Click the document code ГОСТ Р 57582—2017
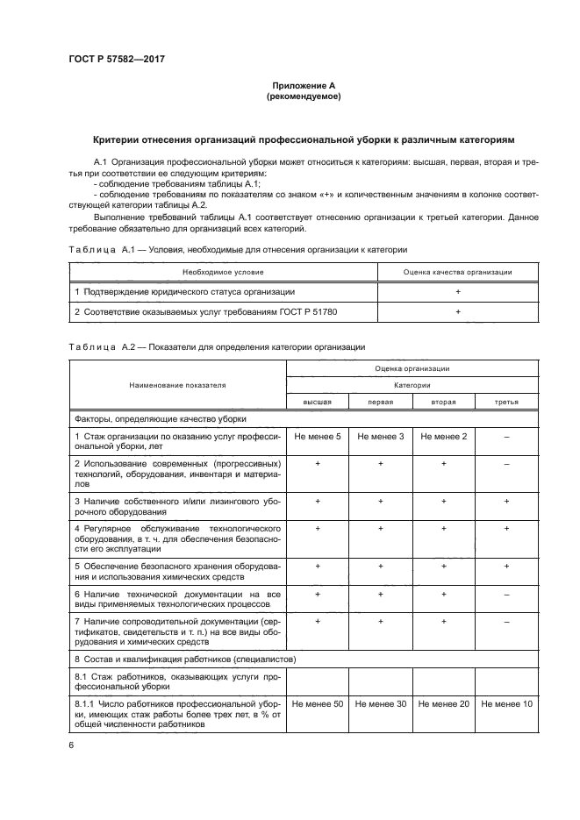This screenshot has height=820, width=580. pyautogui.click(x=116, y=59)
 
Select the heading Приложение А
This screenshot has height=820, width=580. pyautogui.click(x=304, y=85)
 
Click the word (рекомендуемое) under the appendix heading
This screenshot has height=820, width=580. pyautogui.click(x=304, y=96)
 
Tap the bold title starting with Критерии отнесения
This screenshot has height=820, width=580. pyautogui.click(x=304, y=139)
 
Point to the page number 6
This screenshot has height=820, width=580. pyautogui.click(x=71, y=745)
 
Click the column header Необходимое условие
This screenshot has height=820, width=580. pyautogui.click(x=223, y=273)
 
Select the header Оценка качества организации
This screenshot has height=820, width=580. pyautogui.click(x=457, y=273)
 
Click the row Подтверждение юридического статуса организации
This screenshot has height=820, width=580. pyautogui.click(x=184, y=291)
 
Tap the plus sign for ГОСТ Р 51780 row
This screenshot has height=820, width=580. pyautogui.click(x=457, y=310)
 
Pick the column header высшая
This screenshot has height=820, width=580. pyautogui.click(x=318, y=402)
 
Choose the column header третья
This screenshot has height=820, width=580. pyautogui.click(x=506, y=402)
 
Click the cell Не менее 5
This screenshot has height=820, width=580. pyautogui.click(x=318, y=436)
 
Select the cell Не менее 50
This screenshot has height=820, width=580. pyautogui.click(x=318, y=703)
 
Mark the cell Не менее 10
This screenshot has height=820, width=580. pyautogui.click(x=506, y=703)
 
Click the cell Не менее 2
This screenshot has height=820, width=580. pyautogui.click(x=444, y=436)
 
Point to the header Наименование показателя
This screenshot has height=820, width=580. pyautogui.click(x=177, y=384)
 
